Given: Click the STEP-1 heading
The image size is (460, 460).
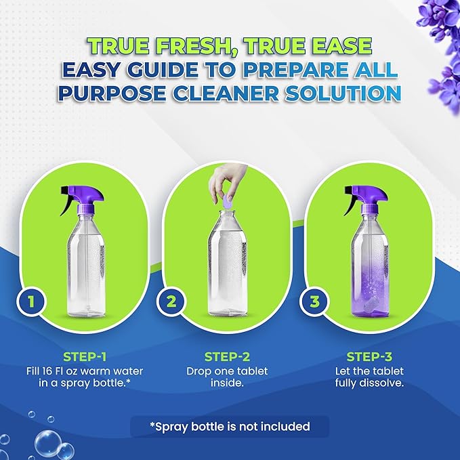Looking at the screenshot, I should [x=84, y=357].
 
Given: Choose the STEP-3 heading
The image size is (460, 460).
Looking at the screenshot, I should [x=370, y=357].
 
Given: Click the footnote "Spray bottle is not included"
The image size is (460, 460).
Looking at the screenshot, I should [x=230, y=426].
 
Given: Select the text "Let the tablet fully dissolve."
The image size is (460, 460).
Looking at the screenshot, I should [x=370, y=377].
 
